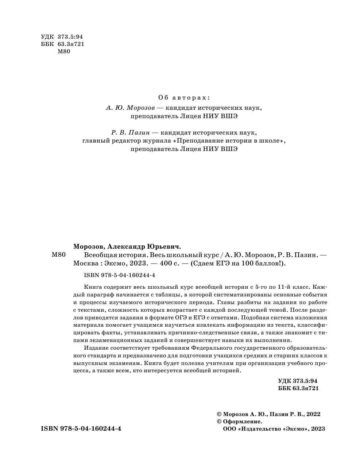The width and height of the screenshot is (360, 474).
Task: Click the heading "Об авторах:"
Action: click(x=184, y=98)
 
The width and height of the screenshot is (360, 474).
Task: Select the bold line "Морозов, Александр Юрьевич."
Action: click(x=127, y=246)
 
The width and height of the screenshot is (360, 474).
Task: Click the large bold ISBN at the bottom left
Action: click(x=81, y=429)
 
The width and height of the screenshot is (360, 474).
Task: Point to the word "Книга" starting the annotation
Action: click(x=91, y=287)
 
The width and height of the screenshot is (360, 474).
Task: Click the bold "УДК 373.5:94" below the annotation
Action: click(x=298, y=380)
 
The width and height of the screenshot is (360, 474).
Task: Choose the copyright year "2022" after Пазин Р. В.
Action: click(x=313, y=414)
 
